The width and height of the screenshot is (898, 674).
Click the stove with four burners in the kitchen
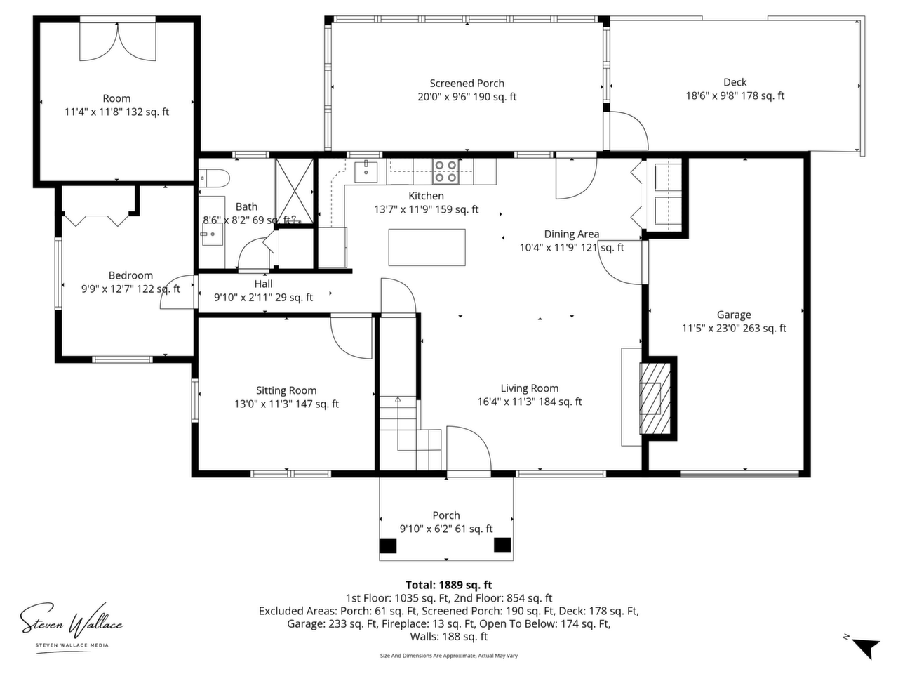pos(445,171)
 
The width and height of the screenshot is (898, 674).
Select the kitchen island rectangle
pos(427,247)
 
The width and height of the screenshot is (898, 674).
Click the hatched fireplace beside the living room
pos(655,398)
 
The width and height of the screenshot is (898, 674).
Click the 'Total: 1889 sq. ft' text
pos(448,585)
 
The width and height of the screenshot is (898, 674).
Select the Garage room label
pos(734,315)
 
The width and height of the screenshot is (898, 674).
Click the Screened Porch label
pos(467,84)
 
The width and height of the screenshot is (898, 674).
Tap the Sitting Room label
pos(286,390)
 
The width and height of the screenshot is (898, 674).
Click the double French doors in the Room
pos(118,41)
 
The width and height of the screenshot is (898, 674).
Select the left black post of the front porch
pos(388,546)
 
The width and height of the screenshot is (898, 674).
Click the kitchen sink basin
pos(366,171)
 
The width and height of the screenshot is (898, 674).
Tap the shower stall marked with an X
pos(294,192)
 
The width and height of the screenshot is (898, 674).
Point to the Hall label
pos(264,284)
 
